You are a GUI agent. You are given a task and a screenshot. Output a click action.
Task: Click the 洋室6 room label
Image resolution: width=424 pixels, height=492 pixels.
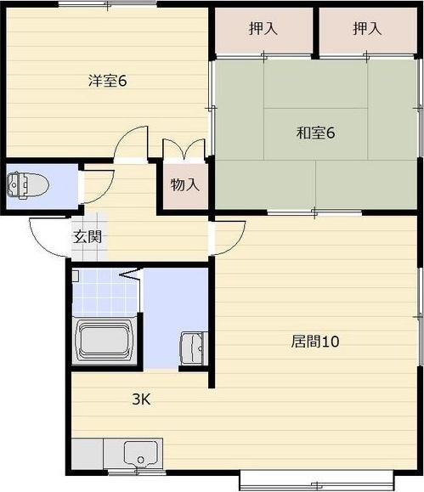pyautogui.click(x=108, y=81)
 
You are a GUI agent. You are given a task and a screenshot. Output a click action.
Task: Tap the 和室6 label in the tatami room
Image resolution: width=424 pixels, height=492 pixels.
pyautogui.click(x=316, y=133)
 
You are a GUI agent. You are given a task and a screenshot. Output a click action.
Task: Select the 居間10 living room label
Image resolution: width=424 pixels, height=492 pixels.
pyautogui.click(x=315, y=342)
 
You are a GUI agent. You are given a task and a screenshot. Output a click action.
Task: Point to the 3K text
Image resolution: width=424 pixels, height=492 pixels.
pyautogui.click(x=141, y=399)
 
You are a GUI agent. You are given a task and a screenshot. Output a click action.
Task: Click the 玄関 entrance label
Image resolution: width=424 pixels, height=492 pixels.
pyautogui.click(x=88, y=236)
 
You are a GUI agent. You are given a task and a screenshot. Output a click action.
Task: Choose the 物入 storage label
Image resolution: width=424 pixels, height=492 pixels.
pyautogui.click(x=185, y=184)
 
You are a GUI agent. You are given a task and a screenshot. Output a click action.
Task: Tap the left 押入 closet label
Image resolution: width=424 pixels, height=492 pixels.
pyautogui.click(x=263, y=29)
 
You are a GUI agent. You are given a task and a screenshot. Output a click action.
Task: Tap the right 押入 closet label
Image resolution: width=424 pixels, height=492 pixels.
pyautogui.click(x=367, y=29)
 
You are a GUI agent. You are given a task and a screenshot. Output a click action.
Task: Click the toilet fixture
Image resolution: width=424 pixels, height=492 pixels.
pyautogui.click(x=28, y=185)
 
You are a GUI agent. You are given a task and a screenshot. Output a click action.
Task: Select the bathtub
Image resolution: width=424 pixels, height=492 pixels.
pyautogui.click(x=105, y=341)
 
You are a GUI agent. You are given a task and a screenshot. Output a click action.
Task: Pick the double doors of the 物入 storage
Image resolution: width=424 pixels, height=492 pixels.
pyautogui.click(x=184, y=150)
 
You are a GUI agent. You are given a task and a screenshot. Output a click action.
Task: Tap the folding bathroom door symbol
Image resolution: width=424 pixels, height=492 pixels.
pyautogui.click(x=129, y=274)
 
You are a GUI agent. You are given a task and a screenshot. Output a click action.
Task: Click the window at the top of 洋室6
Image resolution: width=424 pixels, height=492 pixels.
pyautogui.click(x=107, y=5)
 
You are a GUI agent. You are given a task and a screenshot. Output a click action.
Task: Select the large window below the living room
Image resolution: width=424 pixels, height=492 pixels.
pyautogui.click(x=316, y=482)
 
